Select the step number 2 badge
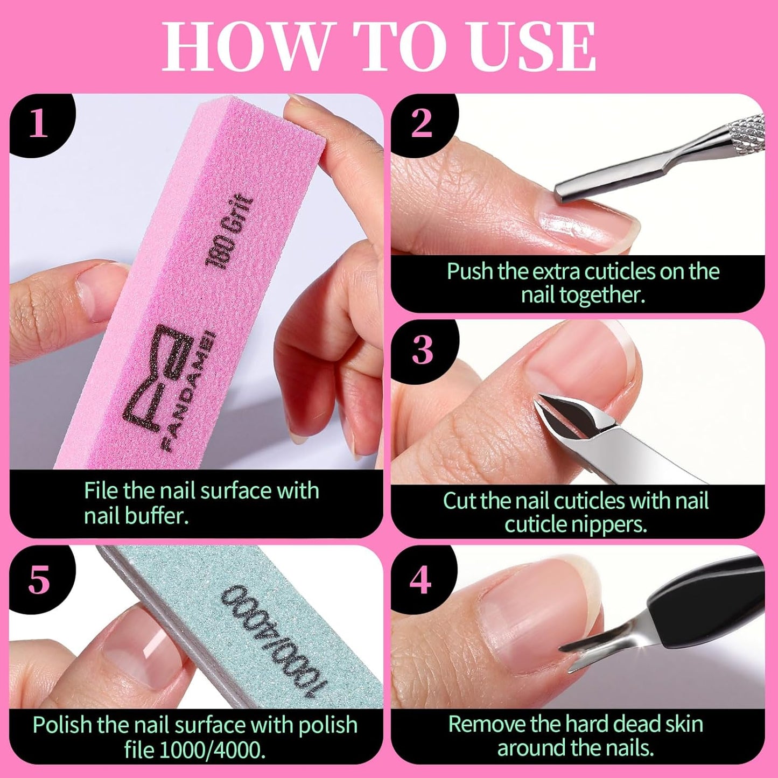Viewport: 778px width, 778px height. (x=422, y=124)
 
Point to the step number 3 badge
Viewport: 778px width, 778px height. (x=422, y=351)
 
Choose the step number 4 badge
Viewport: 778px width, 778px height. (x=420, y=580)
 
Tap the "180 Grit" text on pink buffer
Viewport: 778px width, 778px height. (x=228, y=232)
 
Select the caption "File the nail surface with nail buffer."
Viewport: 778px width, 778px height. (x=201, y=503)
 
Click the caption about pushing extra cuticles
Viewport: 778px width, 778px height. (x=583, y=283)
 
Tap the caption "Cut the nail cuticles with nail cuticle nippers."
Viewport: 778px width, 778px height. (x=576, y=512)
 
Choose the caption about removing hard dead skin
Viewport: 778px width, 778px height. (x=576, y=736)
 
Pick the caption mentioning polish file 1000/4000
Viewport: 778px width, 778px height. (x=195, y=737)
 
